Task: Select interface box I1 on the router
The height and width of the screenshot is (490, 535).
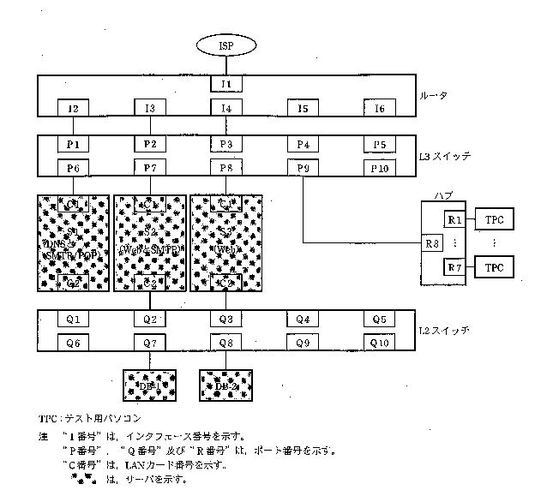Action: [226, 84]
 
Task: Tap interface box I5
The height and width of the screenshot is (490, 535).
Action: [303, 108]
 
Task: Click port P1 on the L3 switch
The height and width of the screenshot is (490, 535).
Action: [73, 144]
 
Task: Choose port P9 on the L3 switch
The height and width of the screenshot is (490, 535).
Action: [303, 168]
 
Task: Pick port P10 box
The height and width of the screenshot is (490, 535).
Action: [380, 168]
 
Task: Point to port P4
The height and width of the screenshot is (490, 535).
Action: [303, 144]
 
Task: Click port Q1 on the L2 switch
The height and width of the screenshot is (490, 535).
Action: [73, 320]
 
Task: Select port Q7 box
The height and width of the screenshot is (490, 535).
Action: [149, 343]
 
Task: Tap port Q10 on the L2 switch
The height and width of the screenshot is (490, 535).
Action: [380, 343]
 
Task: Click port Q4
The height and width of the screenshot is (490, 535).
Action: [303, 320]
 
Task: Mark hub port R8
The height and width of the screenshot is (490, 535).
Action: [432, 243]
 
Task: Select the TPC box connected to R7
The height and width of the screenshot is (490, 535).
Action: [494, 267]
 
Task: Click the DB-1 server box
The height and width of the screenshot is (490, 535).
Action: [149, 386]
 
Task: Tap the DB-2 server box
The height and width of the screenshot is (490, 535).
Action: [225, 386]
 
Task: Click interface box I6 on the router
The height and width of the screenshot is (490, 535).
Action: [380, 108]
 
